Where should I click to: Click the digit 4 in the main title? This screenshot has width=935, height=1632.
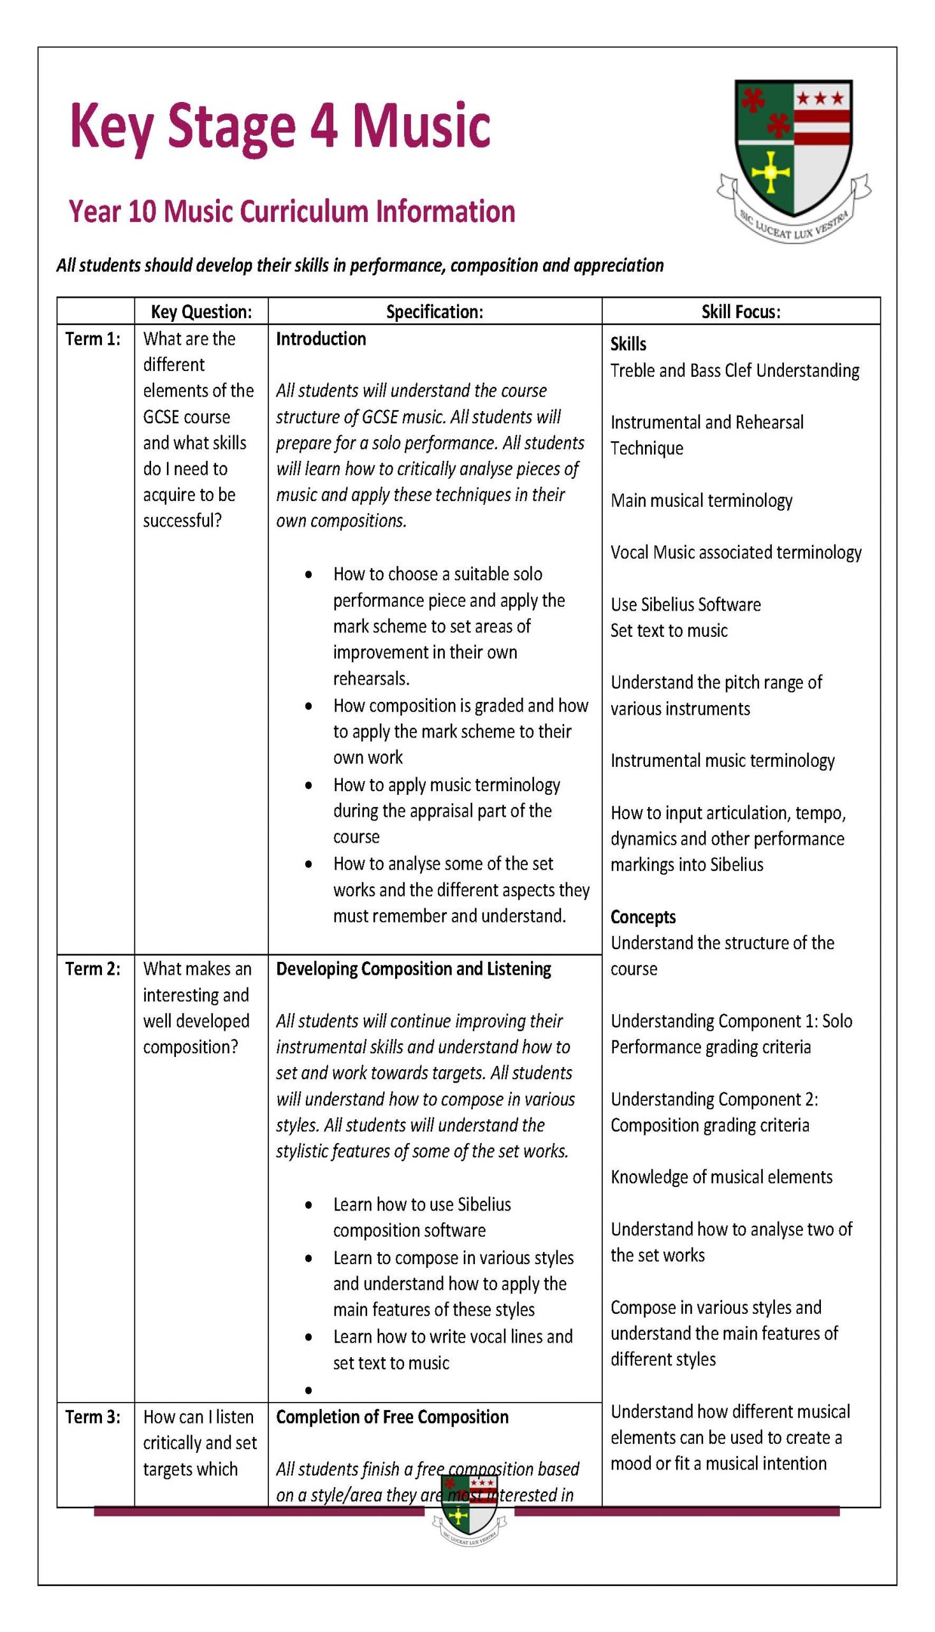324,125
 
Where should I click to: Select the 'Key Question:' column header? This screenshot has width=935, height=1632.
201,312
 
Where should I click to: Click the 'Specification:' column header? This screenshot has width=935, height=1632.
434,312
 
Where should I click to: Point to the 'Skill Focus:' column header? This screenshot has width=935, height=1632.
741,312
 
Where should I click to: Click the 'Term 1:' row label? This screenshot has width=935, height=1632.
93,339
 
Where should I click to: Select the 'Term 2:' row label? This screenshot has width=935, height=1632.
93,969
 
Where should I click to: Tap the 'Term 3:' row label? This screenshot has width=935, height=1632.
93,1417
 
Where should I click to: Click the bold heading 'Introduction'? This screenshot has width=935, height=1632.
321,339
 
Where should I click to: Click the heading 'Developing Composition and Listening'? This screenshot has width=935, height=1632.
413,969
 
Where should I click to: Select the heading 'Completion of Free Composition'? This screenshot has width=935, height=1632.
392,1417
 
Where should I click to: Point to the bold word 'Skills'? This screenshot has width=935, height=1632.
628,344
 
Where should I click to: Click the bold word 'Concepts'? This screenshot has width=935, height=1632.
643,917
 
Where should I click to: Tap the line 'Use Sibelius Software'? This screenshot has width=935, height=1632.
685,605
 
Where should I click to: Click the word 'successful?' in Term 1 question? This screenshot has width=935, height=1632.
182,521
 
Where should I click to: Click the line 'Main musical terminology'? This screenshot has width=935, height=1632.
701,501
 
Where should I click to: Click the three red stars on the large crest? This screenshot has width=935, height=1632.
820,98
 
